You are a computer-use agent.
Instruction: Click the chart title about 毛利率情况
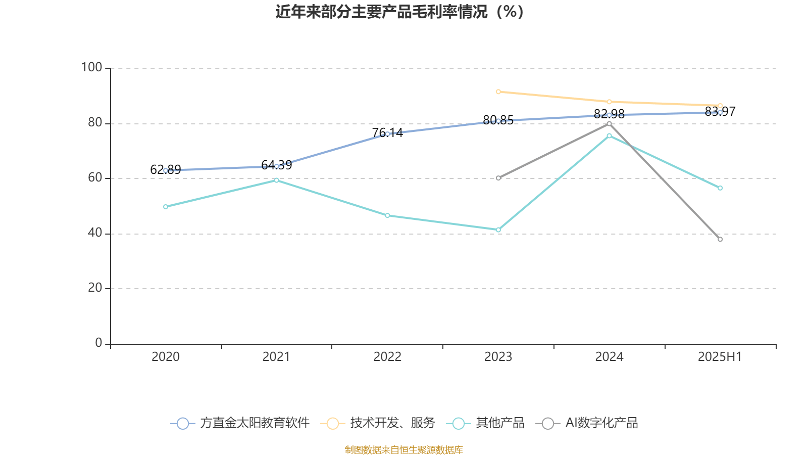coord(399,12)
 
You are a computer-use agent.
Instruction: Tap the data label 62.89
coord(166,169)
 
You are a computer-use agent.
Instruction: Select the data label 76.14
coord(387,132)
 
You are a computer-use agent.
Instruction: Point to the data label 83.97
coord(720,111)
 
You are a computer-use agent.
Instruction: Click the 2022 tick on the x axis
coord(387,356)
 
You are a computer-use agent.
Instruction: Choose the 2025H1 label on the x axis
coord(719,356)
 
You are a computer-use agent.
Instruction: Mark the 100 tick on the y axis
coord(91,67)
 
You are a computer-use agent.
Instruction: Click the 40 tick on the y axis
coord(94,233)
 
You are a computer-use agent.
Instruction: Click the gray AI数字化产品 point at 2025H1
coord(720,239)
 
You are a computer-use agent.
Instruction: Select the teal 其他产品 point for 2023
coord(498,230)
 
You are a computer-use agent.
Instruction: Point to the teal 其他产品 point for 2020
coord(166,207)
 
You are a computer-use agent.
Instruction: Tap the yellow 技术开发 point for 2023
coord(498,92)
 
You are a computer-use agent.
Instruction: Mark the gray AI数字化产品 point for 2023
coord(498,178)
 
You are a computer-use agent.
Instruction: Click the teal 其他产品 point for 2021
coord(276,180)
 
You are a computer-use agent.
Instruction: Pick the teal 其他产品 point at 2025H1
coord(720,188)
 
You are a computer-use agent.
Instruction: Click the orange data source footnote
coord(403,449)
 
